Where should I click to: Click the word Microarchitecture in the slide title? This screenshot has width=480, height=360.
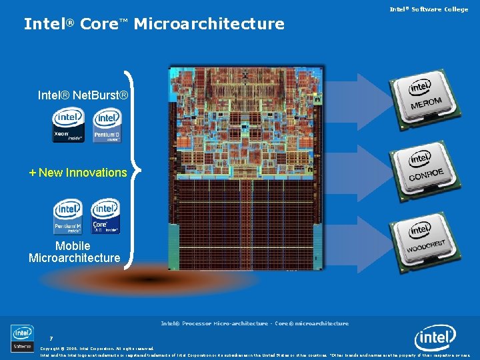click(x=209, y=25)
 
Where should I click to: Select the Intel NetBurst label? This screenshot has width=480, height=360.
click(x=83, y=95)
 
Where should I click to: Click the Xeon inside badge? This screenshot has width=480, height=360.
click(x=68, y=125)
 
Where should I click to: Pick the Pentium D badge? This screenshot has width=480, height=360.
click(x=107, y=125)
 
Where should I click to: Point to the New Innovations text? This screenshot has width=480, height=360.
click(x=83, y=173)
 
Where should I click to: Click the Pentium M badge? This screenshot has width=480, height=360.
click(x=68, y=217)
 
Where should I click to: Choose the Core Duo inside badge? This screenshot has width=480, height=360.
click(x=105, y=217)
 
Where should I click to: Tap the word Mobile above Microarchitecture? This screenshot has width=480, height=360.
click(x=73, y=246)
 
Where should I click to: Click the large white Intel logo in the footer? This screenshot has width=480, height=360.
click(x=435, y=339)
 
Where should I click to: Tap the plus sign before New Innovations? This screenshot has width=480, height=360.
click(x=33, y=173)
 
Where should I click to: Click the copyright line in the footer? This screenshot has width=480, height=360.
click(x=97, y=348)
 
